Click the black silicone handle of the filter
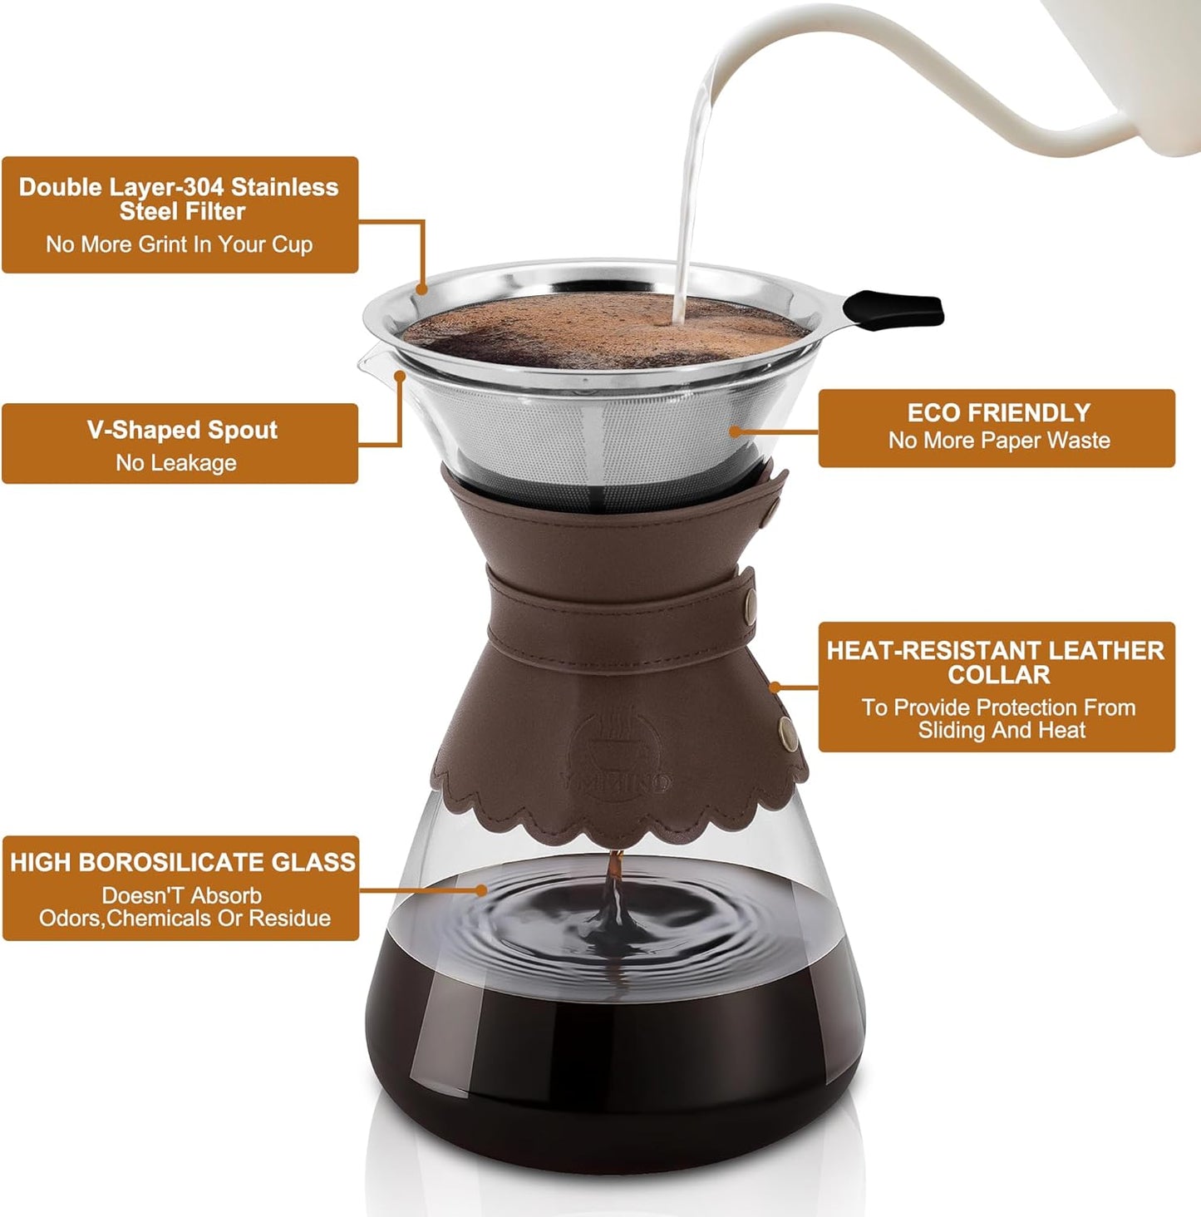[898, 309]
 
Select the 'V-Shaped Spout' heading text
[182, 430]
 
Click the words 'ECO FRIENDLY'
[998, 413]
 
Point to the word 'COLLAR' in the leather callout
[998, 675]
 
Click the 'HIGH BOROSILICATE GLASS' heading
[182, 862]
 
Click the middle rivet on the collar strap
[751, 597]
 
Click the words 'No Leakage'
[176, 463]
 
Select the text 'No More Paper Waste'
[998, 441]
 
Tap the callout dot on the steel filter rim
[421, 289]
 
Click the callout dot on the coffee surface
[481, 889]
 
